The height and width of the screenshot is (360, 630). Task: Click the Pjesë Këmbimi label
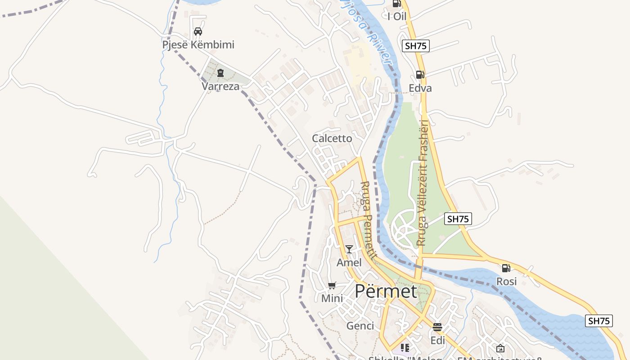[x=198, y=45]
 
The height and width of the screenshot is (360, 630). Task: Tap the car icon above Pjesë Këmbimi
[x=198, y=31]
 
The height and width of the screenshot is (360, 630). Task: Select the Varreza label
[x=220, y=86]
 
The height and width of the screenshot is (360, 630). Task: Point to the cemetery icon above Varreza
[x=220, y=73]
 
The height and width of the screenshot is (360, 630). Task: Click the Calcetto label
[x=332, y=139]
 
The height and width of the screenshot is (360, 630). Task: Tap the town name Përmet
[x=386, y=291]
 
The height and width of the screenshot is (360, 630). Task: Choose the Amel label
[x=349, y=262]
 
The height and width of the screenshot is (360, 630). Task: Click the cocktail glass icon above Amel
[x=349, y=249]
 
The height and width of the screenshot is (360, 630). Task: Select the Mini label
[x=332, y=298]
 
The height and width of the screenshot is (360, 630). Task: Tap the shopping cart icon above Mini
[x=332, y=285]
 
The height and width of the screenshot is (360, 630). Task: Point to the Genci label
[x=360, y=326]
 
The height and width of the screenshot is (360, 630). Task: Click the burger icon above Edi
[x=437, y=327]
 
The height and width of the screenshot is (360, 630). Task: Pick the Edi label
[x=438, y=340]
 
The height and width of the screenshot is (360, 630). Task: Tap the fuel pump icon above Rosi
[x=506, y=268]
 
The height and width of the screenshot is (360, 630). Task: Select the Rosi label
[x=506, y=282]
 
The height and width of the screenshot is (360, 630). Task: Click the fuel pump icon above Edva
[x=420, y=75]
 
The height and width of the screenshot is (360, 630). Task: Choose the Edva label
[x=420, y=88]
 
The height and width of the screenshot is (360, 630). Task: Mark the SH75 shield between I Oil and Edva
[x=416, y=45]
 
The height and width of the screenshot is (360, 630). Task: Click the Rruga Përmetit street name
[x=369, y=220]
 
